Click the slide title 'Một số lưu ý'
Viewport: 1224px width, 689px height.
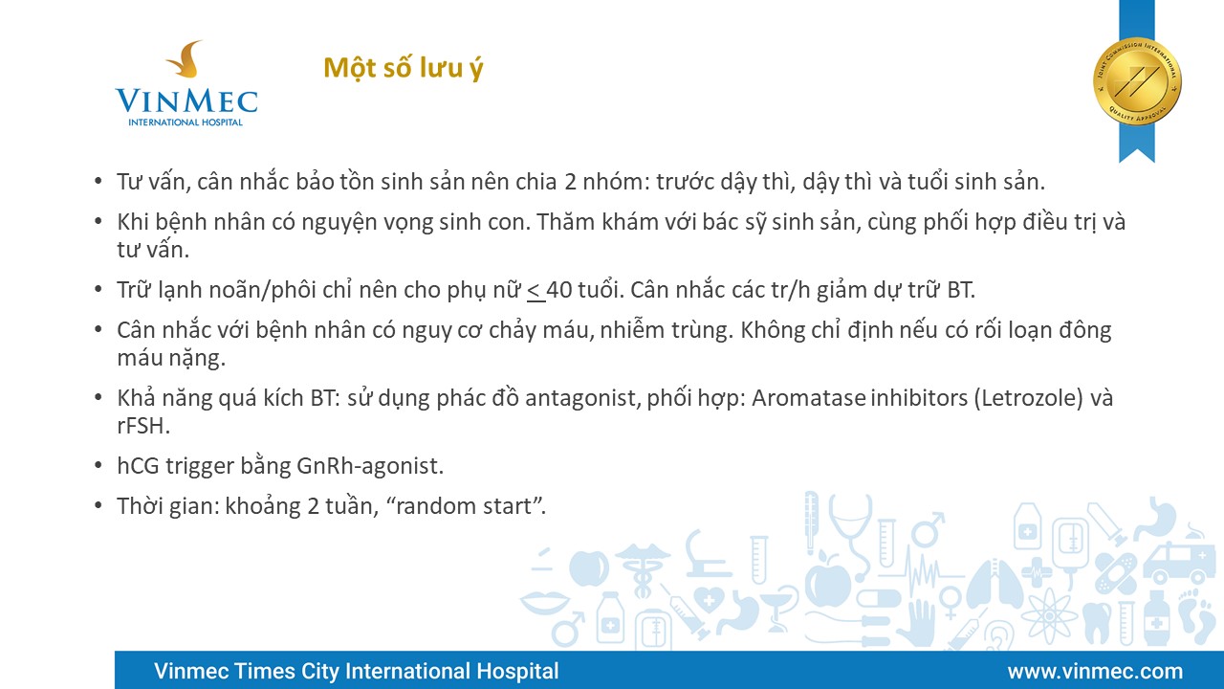(x=404, y=68)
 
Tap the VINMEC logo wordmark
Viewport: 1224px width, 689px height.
(x=186, y=101)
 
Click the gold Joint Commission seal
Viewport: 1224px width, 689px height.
(x=1137, y=81)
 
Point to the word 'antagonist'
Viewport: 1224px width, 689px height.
(x=583, y=398)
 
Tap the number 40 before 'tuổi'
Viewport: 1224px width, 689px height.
(x=559, y=290)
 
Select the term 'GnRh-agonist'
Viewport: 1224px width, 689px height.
(x=370, y=466)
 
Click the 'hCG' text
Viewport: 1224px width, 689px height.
(x=138, y=466)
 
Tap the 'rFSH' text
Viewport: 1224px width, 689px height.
(x=143, y=426)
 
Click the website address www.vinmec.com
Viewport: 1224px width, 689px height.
(x=1096, y=671)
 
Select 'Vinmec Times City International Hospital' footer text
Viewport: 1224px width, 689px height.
(x=357, y=671)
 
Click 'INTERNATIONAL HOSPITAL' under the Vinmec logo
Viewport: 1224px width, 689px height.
(x=186, y=122)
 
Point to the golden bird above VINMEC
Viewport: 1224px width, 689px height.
(x=186, y=58)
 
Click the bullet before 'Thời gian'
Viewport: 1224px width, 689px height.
(x=98, y=504)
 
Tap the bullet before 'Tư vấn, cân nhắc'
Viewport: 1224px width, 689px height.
(x=98, y=181)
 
